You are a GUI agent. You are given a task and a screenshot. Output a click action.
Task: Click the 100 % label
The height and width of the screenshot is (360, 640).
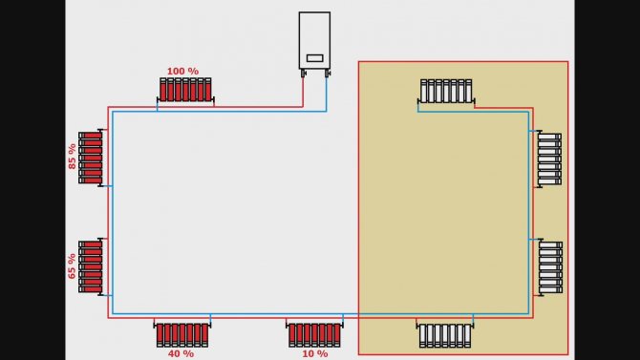click(182, 71)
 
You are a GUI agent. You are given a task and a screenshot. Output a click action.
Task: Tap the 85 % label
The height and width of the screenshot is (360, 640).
click(72, 157)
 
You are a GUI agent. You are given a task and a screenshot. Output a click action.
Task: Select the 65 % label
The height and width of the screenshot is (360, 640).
click(72, 266)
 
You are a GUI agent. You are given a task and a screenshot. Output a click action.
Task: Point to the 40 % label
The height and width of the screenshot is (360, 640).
click(181, 353)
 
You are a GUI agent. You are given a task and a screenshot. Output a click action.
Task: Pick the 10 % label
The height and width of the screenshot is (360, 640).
click(314, 353)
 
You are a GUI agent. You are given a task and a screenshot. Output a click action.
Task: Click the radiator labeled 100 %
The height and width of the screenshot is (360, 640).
click(185, 90)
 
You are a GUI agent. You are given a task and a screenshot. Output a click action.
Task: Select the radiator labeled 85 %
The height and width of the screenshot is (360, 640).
click(91, 158)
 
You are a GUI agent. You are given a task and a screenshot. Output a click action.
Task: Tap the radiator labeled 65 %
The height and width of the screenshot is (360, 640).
click(91, 267)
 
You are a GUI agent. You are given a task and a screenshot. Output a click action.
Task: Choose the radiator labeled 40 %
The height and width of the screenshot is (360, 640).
click(182, 334)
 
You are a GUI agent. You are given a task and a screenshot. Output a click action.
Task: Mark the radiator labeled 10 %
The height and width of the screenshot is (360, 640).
click(314, 334)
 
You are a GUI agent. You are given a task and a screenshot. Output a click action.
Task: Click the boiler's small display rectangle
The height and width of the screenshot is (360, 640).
click(314, 58)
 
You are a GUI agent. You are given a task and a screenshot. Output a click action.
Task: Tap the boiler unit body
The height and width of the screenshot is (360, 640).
click(314, 40)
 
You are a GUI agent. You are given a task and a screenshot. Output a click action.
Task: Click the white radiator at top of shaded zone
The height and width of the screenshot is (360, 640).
click(446, 91)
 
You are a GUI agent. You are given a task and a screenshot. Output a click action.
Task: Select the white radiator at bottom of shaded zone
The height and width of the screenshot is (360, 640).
click(445, 335)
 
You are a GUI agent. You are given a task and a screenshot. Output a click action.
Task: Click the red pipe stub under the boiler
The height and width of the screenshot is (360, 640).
click(303, 93)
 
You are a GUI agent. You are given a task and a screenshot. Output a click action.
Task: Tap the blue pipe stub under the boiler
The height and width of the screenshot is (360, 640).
click(326, 94)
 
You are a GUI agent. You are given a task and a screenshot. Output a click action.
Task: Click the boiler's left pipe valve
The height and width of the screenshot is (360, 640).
click(303, 74)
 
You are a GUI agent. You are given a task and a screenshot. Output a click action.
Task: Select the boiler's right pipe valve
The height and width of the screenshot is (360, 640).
click(327, 74)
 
